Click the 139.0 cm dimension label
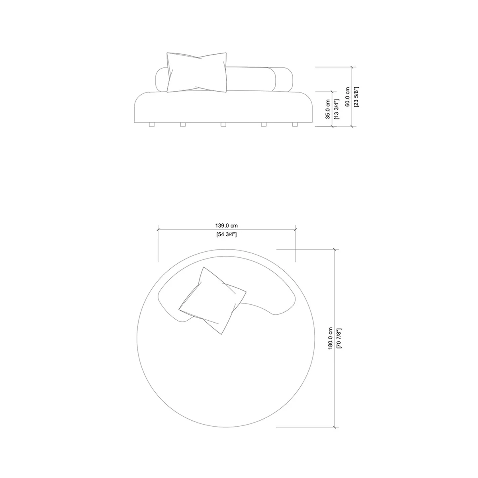point(226,225)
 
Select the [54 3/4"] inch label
point(226,235)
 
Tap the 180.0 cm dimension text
point(330,339)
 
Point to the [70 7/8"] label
point(339,339)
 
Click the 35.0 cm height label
point(327,109)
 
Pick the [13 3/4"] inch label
point(336,109)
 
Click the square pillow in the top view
point(212,300)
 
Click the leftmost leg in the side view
point(151,125)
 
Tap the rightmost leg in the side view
point(295,125)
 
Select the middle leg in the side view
point(223,125)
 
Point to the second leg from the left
point(183,125)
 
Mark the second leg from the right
point(263,125)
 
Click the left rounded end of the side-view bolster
point(161,79)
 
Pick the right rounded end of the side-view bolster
point(286,79)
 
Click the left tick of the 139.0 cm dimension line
point(158,229)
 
